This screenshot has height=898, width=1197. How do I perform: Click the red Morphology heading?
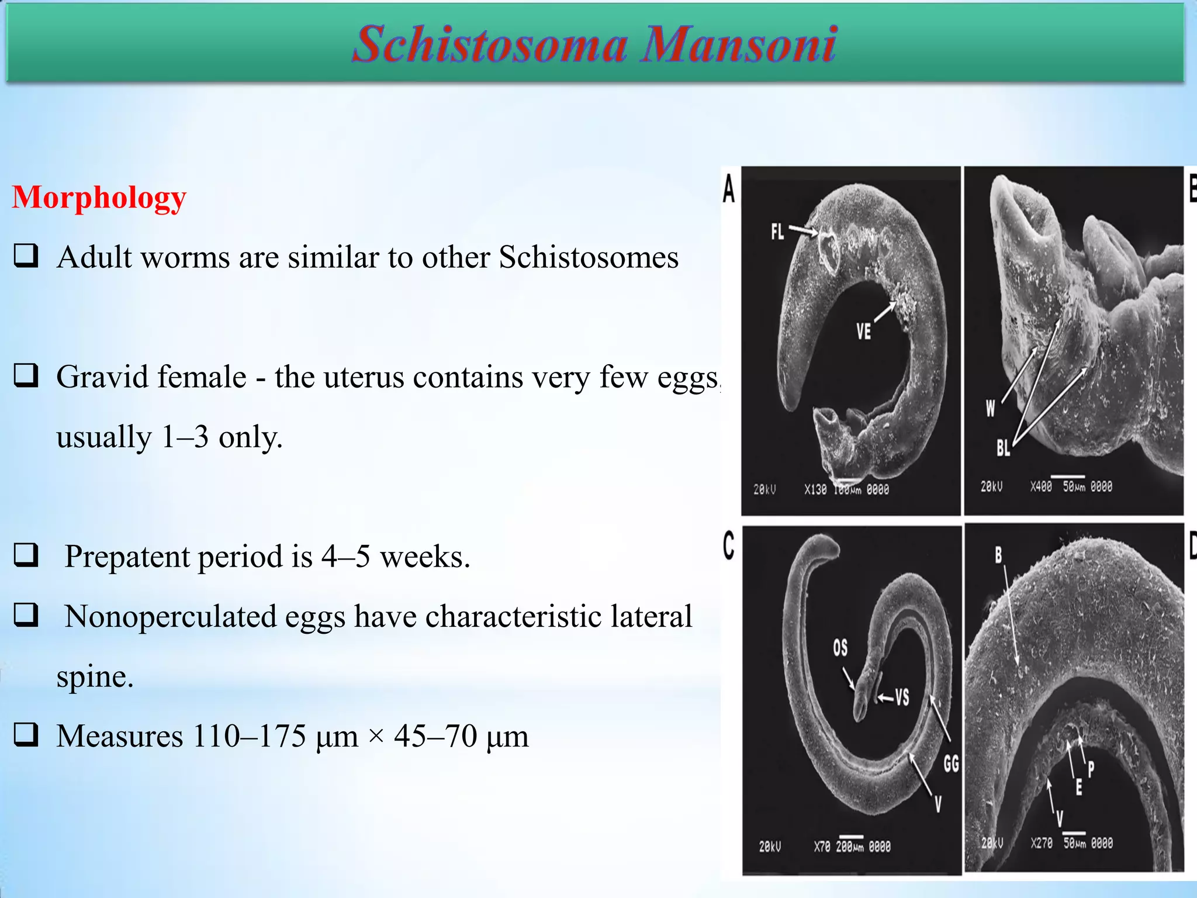tap(99, 198)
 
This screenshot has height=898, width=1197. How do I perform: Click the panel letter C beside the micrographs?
tap(728, 545)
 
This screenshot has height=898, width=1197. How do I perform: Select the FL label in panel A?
tap(777, 232)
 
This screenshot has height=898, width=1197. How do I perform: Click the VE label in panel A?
tap(863, 331)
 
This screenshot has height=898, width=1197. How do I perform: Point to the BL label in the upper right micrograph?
tap(1003, 448)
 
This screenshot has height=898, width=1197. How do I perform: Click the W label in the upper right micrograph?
tap(990, 408)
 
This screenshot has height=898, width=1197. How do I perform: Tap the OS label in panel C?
tap(840, 647)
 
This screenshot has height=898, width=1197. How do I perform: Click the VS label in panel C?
tap(902, 697)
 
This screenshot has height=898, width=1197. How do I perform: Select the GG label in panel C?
tap(951, 764)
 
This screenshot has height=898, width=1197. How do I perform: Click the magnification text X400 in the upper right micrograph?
tap(1040, 486)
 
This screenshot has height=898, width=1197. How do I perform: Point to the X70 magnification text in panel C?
tap(822, 847)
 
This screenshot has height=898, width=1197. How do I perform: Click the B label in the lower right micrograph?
tap(998, 555)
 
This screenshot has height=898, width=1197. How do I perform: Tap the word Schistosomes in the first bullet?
tap(589, 257)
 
